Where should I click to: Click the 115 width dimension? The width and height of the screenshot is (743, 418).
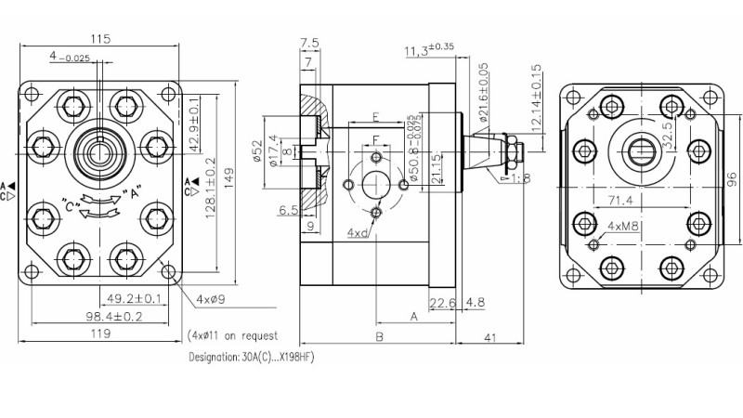coord(101,39)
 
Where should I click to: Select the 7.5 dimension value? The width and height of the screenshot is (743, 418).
coord(310,43)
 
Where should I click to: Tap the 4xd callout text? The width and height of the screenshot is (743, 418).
coord(356,232)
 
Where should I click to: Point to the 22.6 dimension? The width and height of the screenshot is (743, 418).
coord(442,302)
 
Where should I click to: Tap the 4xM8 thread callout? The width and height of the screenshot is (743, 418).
coord(622,226)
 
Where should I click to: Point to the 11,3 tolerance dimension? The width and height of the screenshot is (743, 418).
coord(418,50)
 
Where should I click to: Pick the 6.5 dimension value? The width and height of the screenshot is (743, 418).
coord(287,211)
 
